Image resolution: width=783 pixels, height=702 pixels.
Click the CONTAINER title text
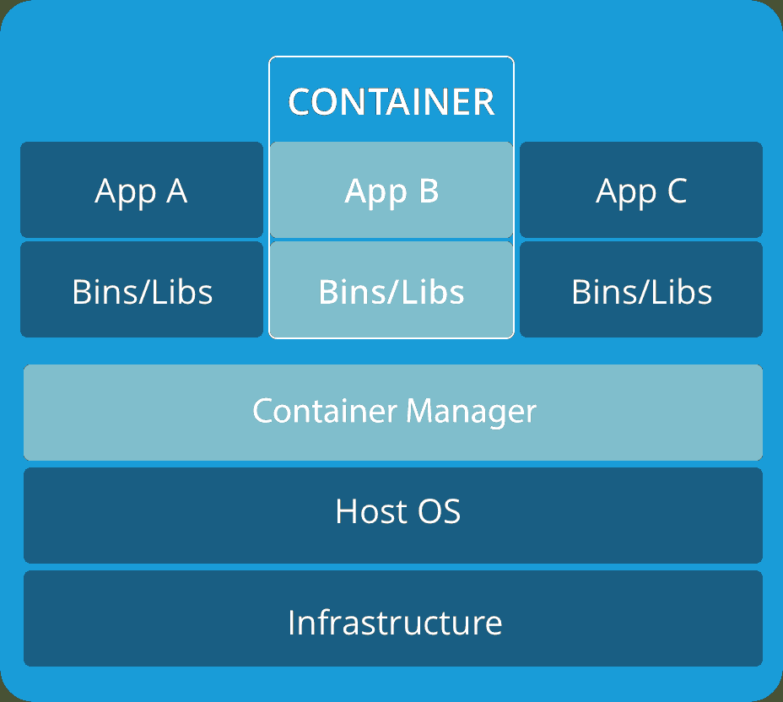click(x=391, y=102)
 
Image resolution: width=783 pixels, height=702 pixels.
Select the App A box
click(x=142, y=190)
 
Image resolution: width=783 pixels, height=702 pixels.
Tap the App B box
click(x=391, y=190)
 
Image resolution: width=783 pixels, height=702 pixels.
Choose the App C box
click(x=641, y=190)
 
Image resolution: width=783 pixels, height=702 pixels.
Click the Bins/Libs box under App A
click(x=142, y=289)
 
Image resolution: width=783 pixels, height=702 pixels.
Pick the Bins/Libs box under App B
click(x=391, y=289)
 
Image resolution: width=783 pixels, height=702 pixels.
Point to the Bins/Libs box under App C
click(x=641, y=289)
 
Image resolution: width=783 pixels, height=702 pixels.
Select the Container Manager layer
click(x=393, y=412)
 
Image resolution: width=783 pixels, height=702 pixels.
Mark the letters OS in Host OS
click(x=440, y=512)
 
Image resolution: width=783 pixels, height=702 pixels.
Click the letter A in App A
click(x=176, y=191)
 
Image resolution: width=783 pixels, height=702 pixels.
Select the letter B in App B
click(x=428, y=191)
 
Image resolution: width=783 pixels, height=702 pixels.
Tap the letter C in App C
click(x=677, y=191)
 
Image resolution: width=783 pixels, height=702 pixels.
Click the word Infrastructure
click(x=395, y=623)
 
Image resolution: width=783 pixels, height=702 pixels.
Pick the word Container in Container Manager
click(x=325, y=412)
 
